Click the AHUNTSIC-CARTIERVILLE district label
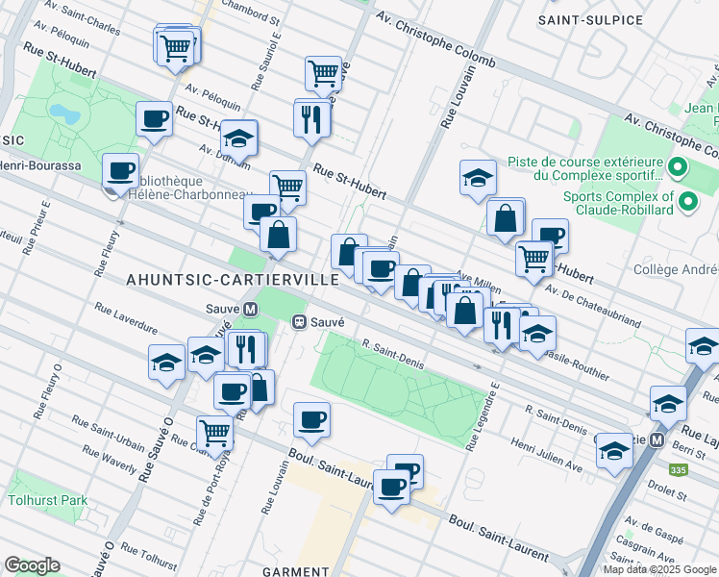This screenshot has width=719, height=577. pyautogui.click(x=233, y=279)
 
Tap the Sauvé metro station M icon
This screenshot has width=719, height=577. pyautogui.click(x=251, y=310)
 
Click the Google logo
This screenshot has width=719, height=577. pyautogui.click(x=32, y=564)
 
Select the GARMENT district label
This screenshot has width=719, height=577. pyautogui.click(x=297, y=570)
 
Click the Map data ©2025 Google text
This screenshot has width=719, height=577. pyautogui.click(x=658, y=569)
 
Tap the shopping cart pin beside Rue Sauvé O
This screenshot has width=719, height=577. pyautogui.click(x=213, y=432)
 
